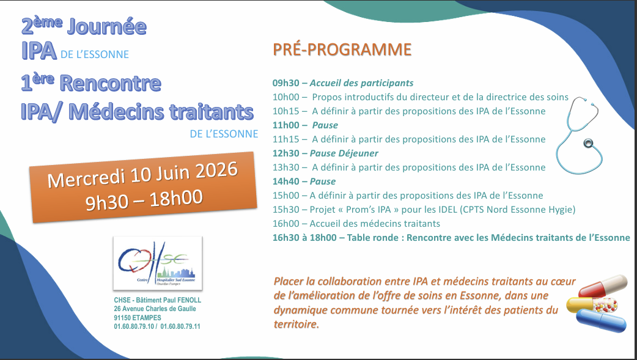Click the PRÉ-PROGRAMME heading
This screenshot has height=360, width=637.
click(x=342, y=50)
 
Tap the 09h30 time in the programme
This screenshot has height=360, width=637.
click(x=285, y=83)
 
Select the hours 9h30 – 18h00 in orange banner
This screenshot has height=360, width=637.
click(x=145, y=199)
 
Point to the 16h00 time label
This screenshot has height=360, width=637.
click(x=285, y=224)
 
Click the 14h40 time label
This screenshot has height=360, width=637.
click(x=285, y=182)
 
